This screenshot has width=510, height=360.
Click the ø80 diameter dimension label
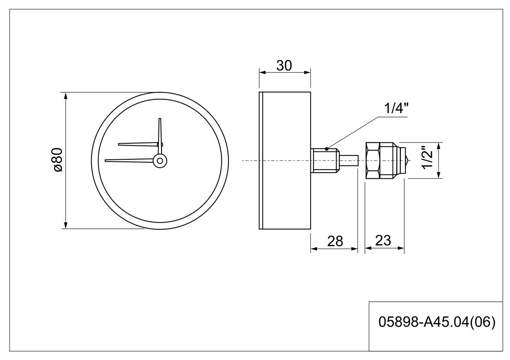[x=57, y=160]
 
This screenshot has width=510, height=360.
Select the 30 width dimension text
[x=284, y=66]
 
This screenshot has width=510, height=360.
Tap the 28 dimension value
[x=335, y=241]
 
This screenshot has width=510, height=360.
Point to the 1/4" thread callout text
[x=396, y=108]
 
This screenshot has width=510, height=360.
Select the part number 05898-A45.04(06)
[x=437, y=322]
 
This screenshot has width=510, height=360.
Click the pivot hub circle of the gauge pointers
[x=160, y=160]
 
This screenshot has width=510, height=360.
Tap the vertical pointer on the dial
[x=160, y=136]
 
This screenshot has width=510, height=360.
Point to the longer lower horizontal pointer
[x=130, y=160]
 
